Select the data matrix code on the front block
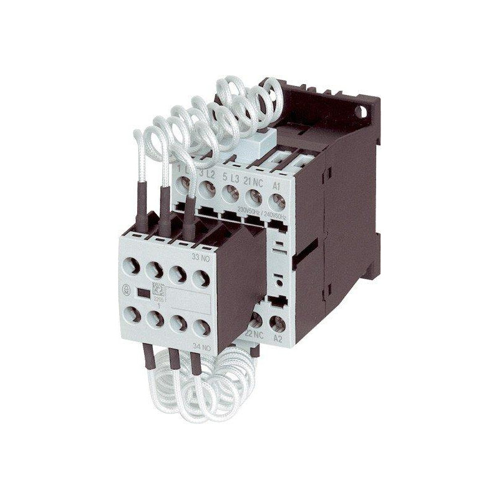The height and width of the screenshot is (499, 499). (x=158, y=289)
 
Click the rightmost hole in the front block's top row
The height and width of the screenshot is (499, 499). (x=200, y=278)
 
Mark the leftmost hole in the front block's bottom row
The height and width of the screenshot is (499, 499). (x=133, y=314)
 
